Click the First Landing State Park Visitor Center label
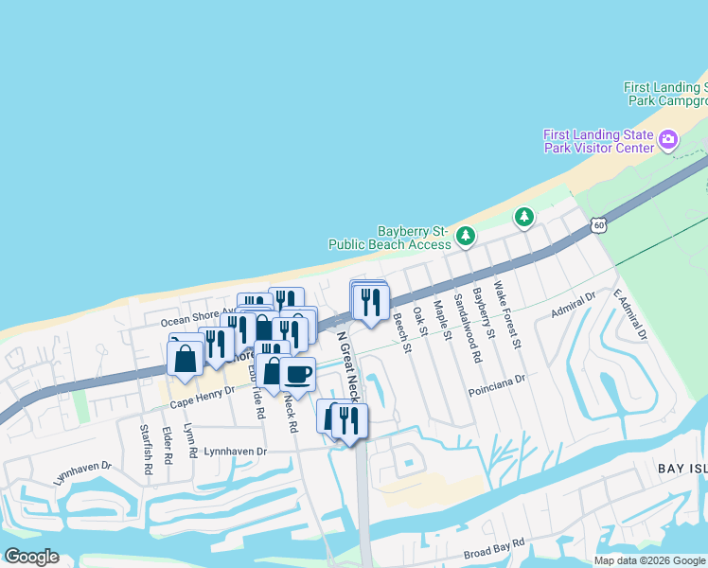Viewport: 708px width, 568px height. click(598, 141)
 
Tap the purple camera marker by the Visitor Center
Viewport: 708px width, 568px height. click(668, 141)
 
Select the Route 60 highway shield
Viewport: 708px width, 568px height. click(597, 225)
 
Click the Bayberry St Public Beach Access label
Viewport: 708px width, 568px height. click(389, 237)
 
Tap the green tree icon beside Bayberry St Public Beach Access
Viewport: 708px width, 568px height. click(465, 236)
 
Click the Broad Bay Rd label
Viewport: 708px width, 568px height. click(493, 553)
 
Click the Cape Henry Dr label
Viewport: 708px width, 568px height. click(201, 401)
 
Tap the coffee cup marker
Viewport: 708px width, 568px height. click(297, 373)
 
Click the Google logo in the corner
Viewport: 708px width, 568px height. click(31, 557)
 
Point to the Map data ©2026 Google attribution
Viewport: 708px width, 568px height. click(648, 560)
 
